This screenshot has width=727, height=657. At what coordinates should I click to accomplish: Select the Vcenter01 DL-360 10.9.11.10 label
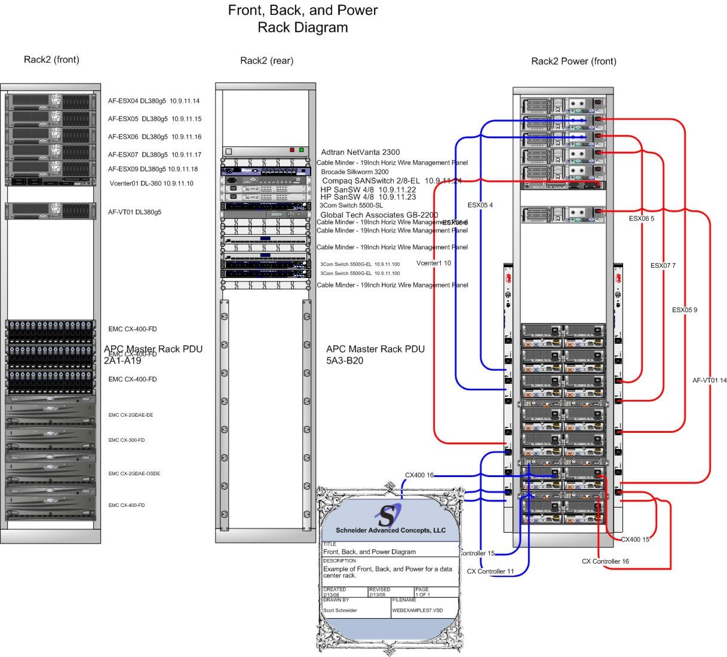click(x=151, y=184)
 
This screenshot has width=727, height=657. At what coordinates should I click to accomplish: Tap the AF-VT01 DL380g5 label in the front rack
click(x=134, y=212)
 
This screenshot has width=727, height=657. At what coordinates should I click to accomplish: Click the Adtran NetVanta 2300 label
click(x=360, y=152)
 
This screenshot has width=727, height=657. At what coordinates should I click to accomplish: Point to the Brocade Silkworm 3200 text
click(x=354, y=172)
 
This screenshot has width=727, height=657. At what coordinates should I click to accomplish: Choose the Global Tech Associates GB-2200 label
click(x=379, y=215)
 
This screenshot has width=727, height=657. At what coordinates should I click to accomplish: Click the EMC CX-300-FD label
click(x=127, y=441)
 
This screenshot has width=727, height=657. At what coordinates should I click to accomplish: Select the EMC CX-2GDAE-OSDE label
click(x=134, y=474)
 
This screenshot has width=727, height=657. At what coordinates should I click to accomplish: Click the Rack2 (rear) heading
click(x=266, y=60)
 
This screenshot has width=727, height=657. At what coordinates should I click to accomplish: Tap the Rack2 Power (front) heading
click(x=573, y=61)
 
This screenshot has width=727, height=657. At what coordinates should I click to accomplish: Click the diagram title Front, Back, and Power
click(x=303, y=11)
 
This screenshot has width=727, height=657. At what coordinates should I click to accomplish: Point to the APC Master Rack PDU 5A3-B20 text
click(x=375, y=355)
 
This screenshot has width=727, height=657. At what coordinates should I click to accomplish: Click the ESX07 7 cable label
click(x=662, y=265)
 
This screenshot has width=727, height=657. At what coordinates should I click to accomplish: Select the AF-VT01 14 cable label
click(x=709, y=381)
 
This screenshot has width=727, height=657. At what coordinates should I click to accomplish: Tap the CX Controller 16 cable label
click(x=605, y=561)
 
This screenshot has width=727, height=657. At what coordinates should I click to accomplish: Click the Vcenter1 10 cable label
click(x=434, y=263)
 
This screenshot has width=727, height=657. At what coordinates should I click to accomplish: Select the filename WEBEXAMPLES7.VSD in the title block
click(x=418, y=611)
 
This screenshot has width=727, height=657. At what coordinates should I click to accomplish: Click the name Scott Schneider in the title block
click(x=340, y=611)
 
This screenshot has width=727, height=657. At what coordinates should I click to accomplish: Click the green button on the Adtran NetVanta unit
click(x=302, y=150)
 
